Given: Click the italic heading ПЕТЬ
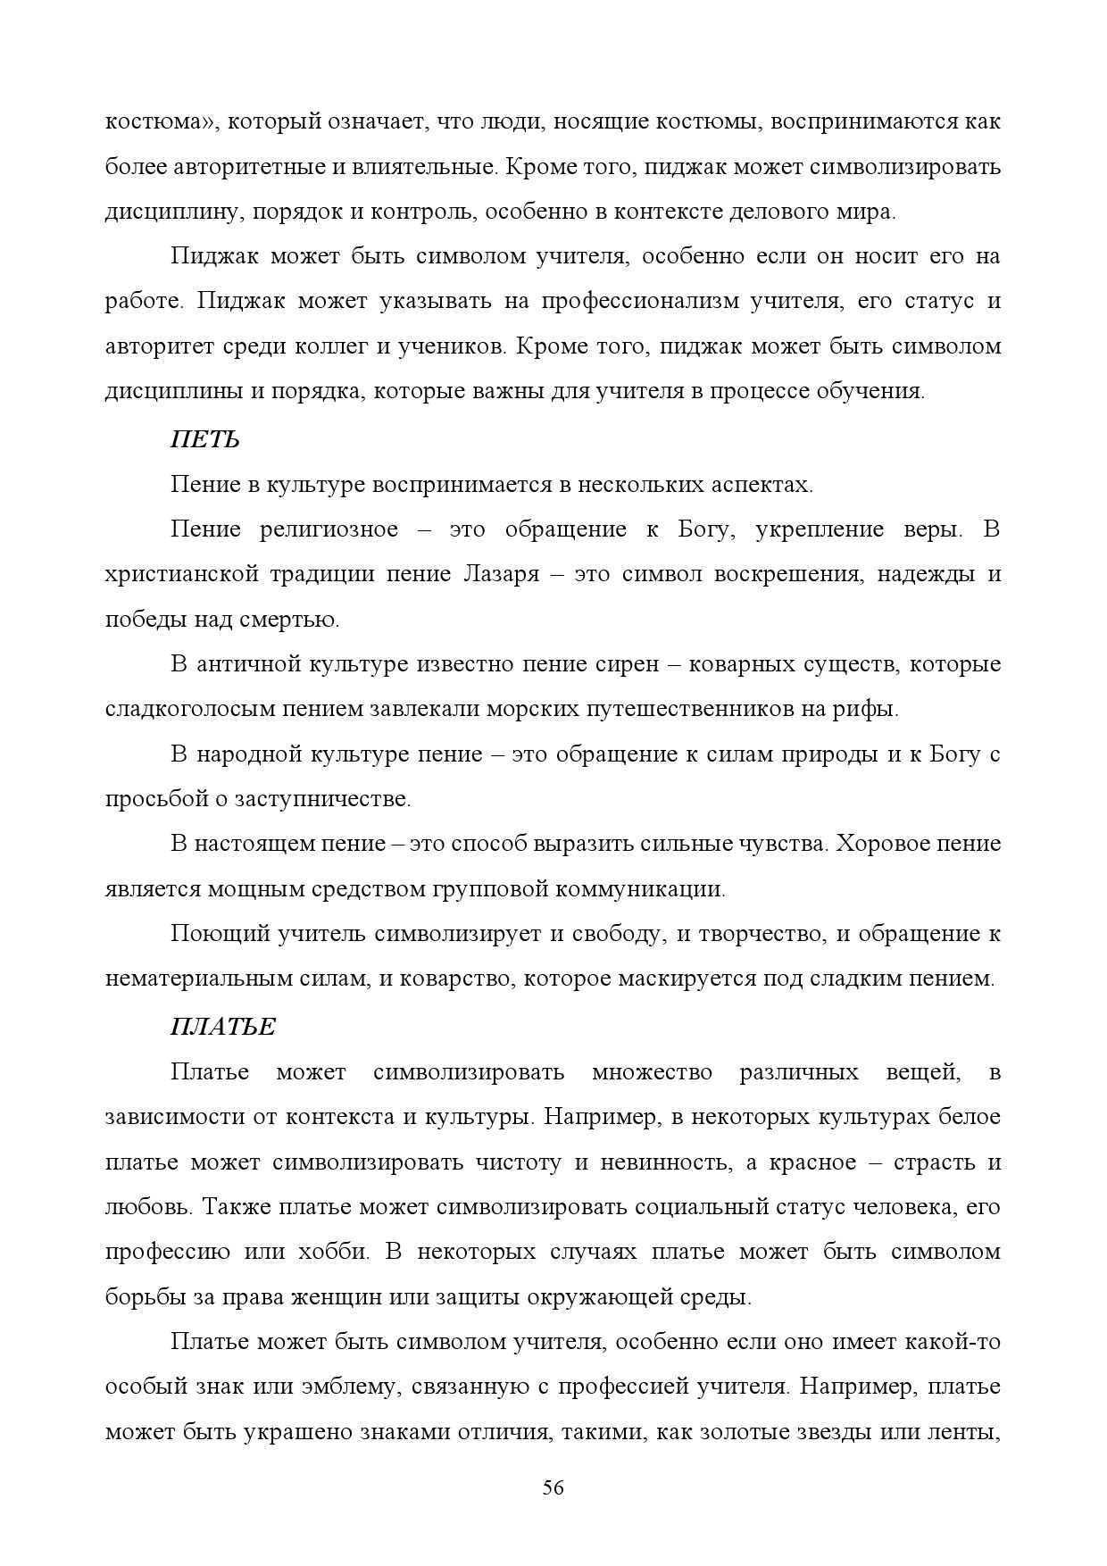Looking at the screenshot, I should tap(204, 439).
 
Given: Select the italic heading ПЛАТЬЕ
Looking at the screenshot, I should tap(223, 1027).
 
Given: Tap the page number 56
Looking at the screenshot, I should tap(553, 1487).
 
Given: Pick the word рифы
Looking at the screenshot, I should tap(867, 709).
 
